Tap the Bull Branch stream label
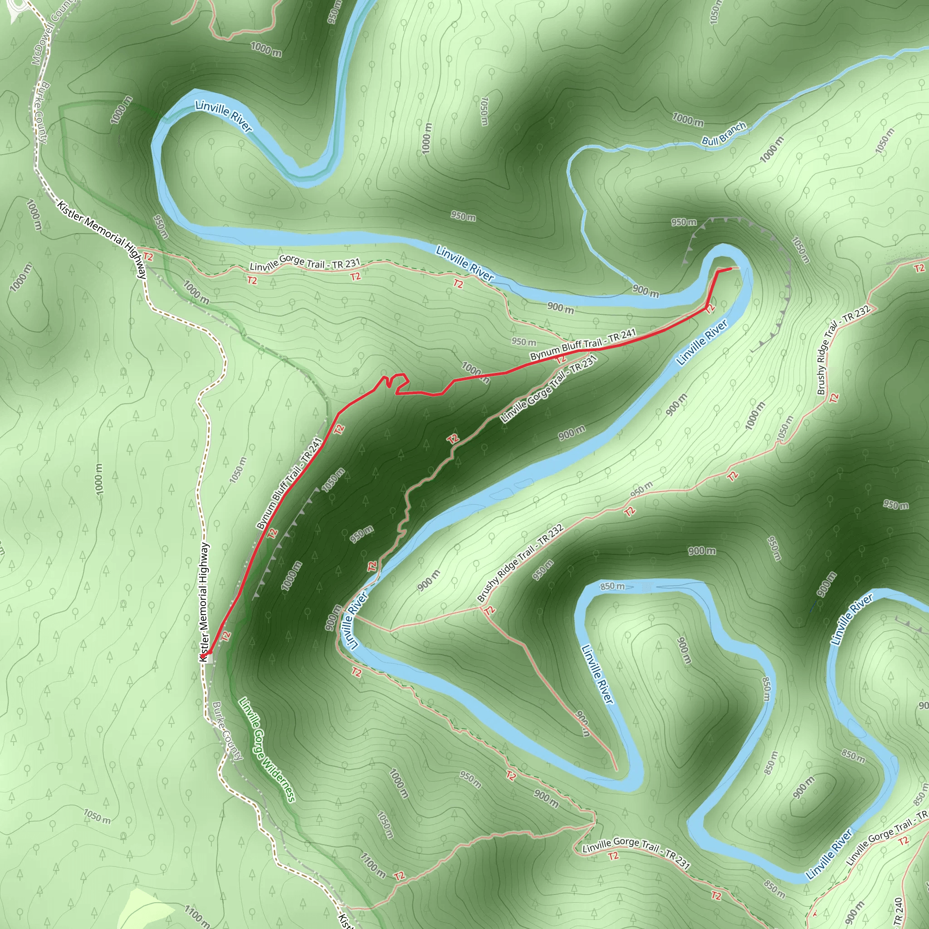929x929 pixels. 724,134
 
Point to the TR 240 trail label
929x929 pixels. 898,911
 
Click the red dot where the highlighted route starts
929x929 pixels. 204,655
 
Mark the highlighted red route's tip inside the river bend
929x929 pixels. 730,269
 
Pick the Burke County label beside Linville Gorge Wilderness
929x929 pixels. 227,731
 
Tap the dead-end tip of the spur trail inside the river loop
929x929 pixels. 616,770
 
